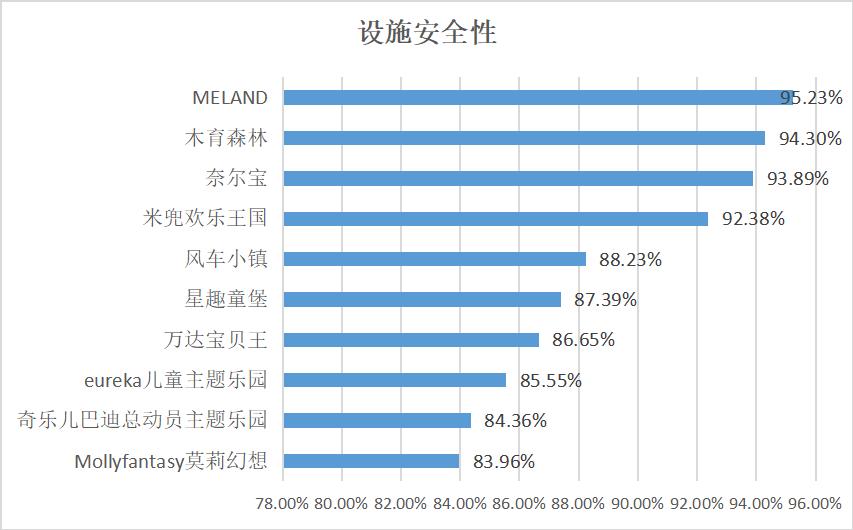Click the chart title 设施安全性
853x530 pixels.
click(427, 33)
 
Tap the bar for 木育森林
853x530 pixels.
click(524, 138)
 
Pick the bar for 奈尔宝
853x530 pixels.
click(518, 178)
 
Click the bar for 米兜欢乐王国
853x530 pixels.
click(495, 218)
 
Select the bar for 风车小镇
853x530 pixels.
click(434, 259)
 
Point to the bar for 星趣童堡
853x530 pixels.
click(422, 299)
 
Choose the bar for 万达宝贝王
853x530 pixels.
click(411, 340)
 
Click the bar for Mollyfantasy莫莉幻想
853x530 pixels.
click(371, 461)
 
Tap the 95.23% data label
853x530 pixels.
click(812, 98)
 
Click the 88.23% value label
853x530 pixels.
click(630, 259)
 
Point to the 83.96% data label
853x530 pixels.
click(503, 461)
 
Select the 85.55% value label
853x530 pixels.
click(550, 380)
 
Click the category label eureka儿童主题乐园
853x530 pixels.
click(178, 380)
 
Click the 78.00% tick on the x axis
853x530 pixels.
click(283, 502)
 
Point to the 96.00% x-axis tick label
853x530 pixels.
click(815, 502)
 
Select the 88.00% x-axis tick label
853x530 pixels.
click(579, 502)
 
